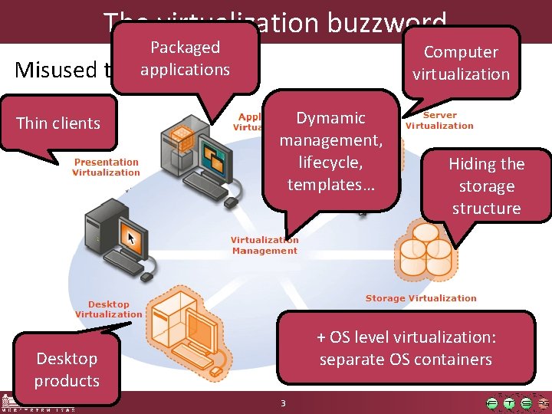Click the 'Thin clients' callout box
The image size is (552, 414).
[x=58, y=123]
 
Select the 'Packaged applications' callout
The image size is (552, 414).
[x=185, y=58]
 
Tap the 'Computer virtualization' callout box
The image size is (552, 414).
[x=461, y=63]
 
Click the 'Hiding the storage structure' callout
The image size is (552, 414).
[x=486, y=186]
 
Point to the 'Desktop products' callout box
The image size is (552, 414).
[x=67, y=369]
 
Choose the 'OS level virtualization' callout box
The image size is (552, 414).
[x=406, y=348]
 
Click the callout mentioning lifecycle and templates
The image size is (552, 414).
[x=330, y=151]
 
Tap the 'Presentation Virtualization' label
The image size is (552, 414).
[x=106, y=167]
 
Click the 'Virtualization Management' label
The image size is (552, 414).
[x=264, y=245]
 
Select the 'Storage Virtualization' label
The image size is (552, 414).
[x=420, y=298]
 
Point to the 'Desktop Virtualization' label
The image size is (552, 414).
[x=108, y=309]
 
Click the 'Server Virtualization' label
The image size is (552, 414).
[x=439, y=120]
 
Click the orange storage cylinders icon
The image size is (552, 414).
[x=424, y=250]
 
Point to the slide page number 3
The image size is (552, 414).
[x=283, y=403]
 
